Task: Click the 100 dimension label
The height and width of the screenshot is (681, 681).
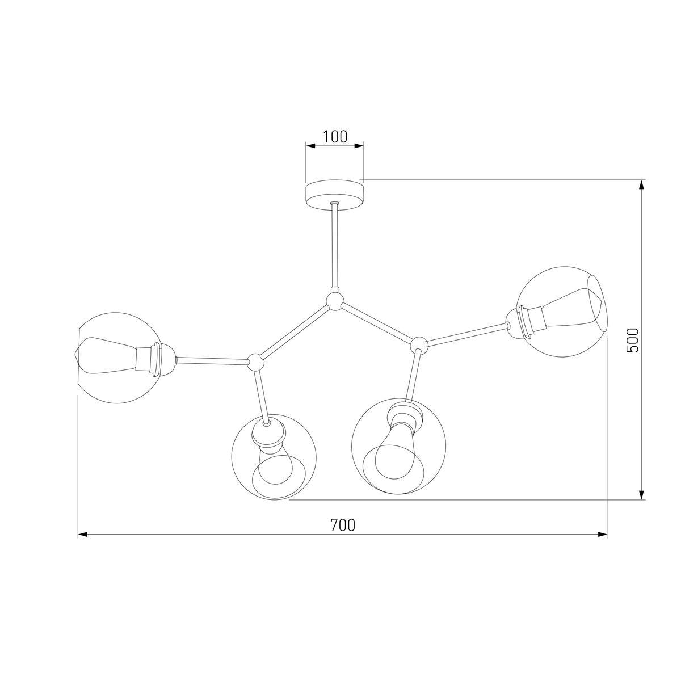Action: click(x=335, y=137)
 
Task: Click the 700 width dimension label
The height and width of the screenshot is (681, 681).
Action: click(x=342, y=525)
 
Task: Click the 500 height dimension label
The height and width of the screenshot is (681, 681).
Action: click(x=632, y=340)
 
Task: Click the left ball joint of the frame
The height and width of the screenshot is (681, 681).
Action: click(x=255, y=361)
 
